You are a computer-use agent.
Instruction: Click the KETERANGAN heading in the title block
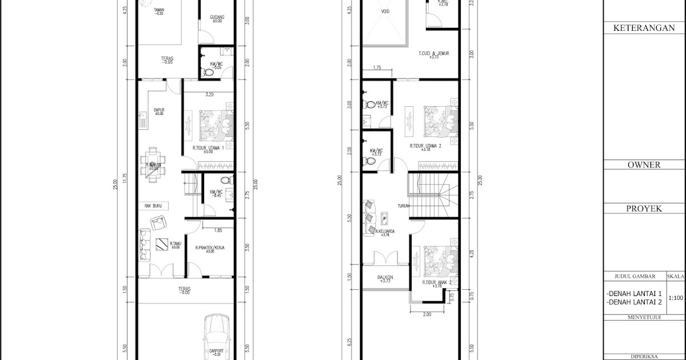(x=644, y=28)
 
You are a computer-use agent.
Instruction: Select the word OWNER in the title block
(x=644, y=165)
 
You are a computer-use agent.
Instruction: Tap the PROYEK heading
(x=644, y=209)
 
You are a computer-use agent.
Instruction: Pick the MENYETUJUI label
(x=635, y=317)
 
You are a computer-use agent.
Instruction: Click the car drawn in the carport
(x=216, y=337)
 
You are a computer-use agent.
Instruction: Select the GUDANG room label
(x=217, y=18)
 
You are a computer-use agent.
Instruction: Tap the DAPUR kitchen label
(x=158, y=111)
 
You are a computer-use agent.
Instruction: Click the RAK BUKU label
(x=153, y=204)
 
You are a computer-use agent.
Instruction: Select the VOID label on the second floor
(x=386, y=10)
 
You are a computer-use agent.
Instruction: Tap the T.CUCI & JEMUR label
(x=433, y=54)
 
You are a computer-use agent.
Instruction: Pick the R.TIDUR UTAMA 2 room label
(x=426, y=146)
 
